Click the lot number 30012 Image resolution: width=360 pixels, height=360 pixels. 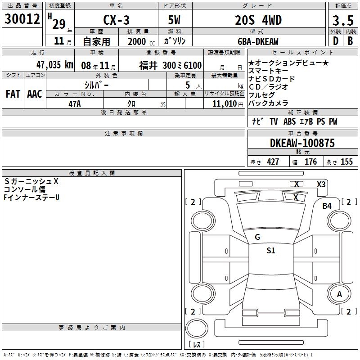coord(22,19)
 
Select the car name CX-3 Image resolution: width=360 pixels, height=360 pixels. coord(116,20)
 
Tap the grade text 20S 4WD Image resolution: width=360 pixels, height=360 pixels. coord(258,20)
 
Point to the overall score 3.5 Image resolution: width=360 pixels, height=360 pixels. coord(343,20)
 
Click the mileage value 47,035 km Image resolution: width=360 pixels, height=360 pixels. coord(55,65)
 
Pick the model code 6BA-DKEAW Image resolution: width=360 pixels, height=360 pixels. coord(258,41)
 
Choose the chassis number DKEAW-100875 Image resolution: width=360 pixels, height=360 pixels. coord(302,143)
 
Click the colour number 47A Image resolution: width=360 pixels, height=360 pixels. coord(75,104)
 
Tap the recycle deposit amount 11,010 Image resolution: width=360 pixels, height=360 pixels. coord(225,104)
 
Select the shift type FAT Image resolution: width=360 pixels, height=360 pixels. coord(13,94)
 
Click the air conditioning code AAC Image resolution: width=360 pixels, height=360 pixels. coord(35,94)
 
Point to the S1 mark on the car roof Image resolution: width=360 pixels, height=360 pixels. coord(271,250)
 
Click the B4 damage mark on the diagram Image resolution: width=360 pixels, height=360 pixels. coord(327,206)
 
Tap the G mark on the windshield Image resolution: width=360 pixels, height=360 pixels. coord(257,237)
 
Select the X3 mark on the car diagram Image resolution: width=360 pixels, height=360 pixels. coord(321,184)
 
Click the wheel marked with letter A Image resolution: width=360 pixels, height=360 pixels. coord(339,294)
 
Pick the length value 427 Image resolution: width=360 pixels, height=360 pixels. coord(273,162)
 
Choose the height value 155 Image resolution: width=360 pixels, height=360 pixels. coord(346,162)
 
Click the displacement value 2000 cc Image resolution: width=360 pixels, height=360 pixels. coord(141,41)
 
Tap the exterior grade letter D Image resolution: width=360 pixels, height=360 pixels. coord(336,41)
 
